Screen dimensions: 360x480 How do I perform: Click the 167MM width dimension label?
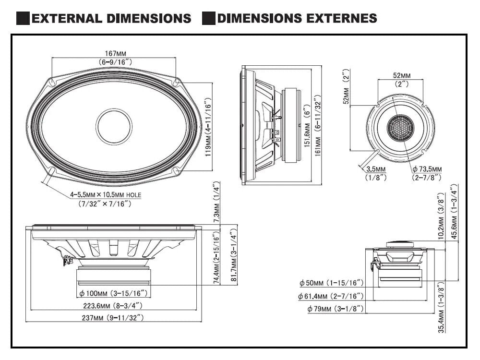coord(115,53)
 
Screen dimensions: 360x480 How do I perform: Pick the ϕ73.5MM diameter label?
coord(426,169)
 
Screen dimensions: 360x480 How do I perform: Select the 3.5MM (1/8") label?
coord(375,169)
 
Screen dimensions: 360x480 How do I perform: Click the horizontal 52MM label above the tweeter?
coord(401,75)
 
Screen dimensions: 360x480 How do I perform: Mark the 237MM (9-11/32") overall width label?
coord(113,317)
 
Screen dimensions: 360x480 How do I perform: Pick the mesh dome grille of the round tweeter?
coord(401,127)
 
